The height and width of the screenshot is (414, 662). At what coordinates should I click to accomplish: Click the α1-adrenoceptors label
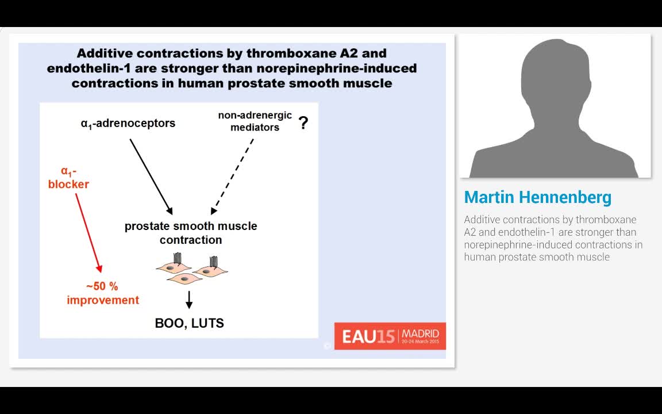(128, 123)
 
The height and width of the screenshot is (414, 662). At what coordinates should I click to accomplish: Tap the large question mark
(303, 122)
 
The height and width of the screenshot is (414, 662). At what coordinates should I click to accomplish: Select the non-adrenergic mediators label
(255, 121)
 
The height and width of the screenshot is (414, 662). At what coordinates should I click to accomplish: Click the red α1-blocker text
(68, 178)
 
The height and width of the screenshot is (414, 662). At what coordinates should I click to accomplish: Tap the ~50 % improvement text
(103, 293)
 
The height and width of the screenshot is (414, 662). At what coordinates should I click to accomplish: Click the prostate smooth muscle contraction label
(191, 232)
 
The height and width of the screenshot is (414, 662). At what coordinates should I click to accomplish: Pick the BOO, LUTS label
(190, 323)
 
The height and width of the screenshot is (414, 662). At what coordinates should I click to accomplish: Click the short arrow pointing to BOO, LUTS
(189, 299)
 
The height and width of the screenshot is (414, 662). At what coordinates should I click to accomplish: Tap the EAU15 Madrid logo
(390, 336)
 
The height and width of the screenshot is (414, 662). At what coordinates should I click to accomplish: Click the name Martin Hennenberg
(537, 197)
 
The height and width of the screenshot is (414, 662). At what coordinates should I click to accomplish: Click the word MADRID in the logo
(421, 333)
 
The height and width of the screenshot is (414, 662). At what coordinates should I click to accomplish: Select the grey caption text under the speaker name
(553, 238)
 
